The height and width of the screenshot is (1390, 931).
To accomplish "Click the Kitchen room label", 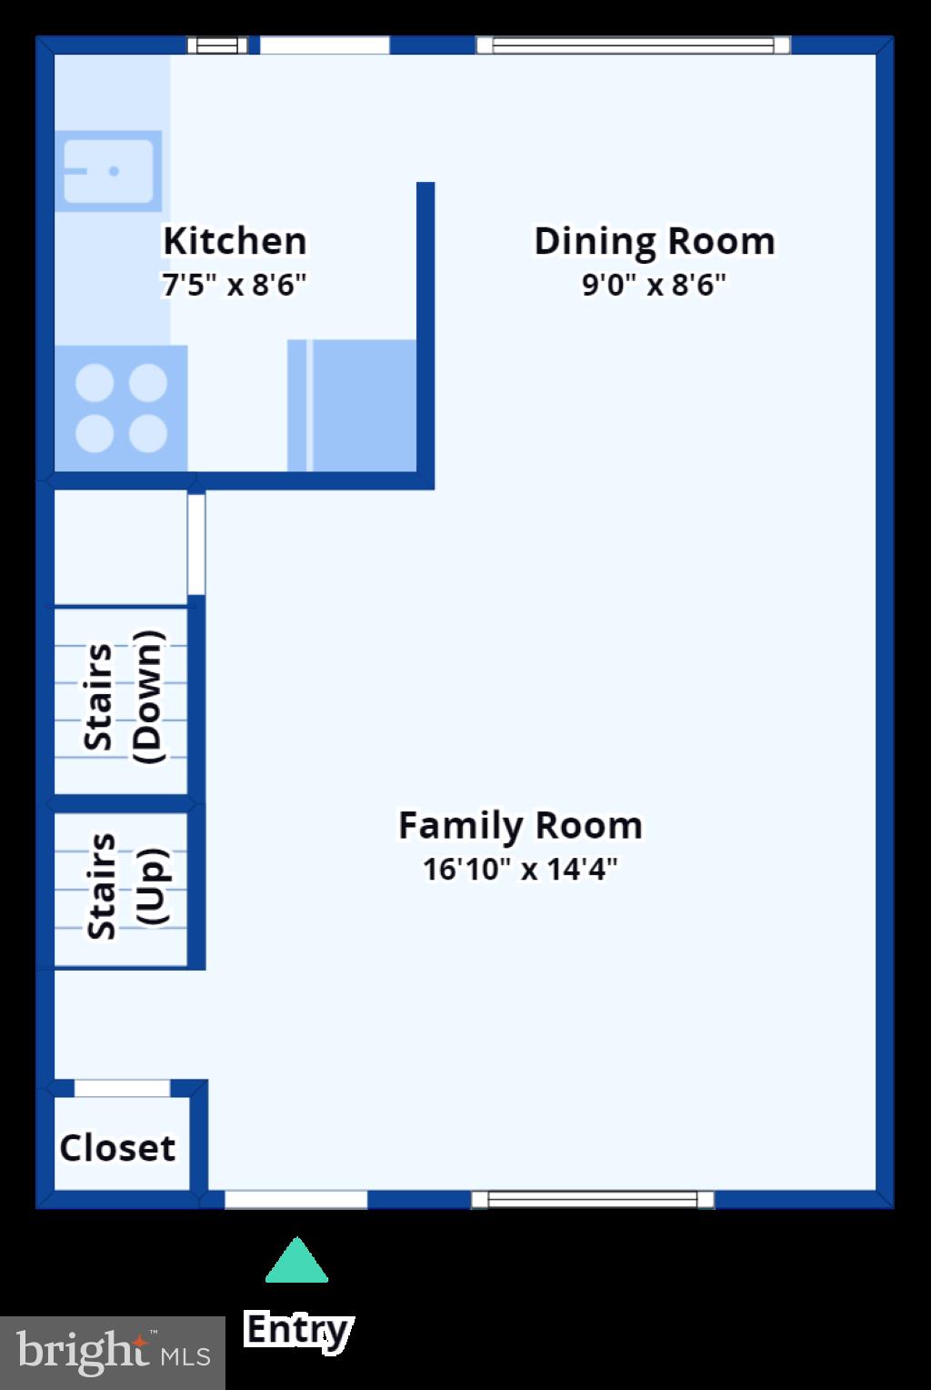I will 235,242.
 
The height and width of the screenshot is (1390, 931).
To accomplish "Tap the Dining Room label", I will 654,242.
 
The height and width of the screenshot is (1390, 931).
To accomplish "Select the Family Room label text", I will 520,826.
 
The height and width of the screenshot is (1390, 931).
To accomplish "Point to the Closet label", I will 117,1148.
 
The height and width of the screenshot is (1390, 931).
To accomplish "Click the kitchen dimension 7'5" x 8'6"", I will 235,286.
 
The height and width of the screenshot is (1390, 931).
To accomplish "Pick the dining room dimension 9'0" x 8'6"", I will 654,286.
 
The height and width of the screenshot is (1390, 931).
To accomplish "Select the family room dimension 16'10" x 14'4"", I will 520,870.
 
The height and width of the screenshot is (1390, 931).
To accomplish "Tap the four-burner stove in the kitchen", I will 121,408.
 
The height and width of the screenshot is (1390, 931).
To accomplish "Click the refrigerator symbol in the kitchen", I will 353,406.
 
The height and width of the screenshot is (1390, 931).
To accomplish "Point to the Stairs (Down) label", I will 122,698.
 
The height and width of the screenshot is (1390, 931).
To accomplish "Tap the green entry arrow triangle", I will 296,1263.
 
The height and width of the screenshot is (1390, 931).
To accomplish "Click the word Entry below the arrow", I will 297,1330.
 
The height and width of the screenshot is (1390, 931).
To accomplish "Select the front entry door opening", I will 295,1200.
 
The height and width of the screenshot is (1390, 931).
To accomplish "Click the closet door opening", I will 122,1088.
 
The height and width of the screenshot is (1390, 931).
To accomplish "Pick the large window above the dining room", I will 633,45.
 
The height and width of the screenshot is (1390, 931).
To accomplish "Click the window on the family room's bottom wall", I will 593,1200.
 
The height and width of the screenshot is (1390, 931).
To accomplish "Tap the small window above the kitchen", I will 217,45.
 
